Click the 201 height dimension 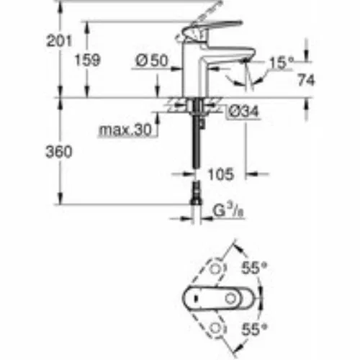tap(59, 41)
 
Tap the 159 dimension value tap(87, 60)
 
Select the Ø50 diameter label tap(152, 60)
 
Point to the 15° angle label tap(282, 63)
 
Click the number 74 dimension tap(306, 80)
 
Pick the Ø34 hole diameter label tap(243, 112)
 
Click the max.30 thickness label tap(125, 130)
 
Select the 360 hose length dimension tap(59, 152)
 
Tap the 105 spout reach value tap(220, 174)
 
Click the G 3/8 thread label tap(228, 210)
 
